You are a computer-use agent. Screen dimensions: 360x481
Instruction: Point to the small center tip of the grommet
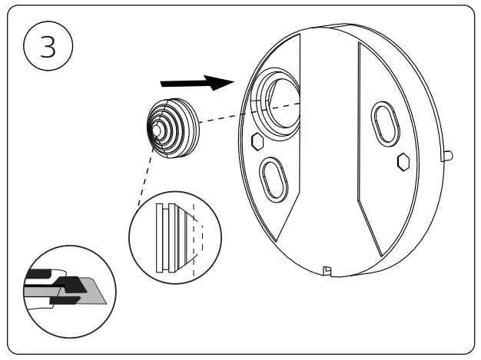(156, 130)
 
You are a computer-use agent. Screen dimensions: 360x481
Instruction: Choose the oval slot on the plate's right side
(384, 121)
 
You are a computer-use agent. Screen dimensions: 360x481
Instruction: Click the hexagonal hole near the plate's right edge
(401, 161)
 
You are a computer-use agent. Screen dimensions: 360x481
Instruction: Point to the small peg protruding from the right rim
(448, 156)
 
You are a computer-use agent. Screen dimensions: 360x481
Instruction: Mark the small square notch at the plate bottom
(327, 269)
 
